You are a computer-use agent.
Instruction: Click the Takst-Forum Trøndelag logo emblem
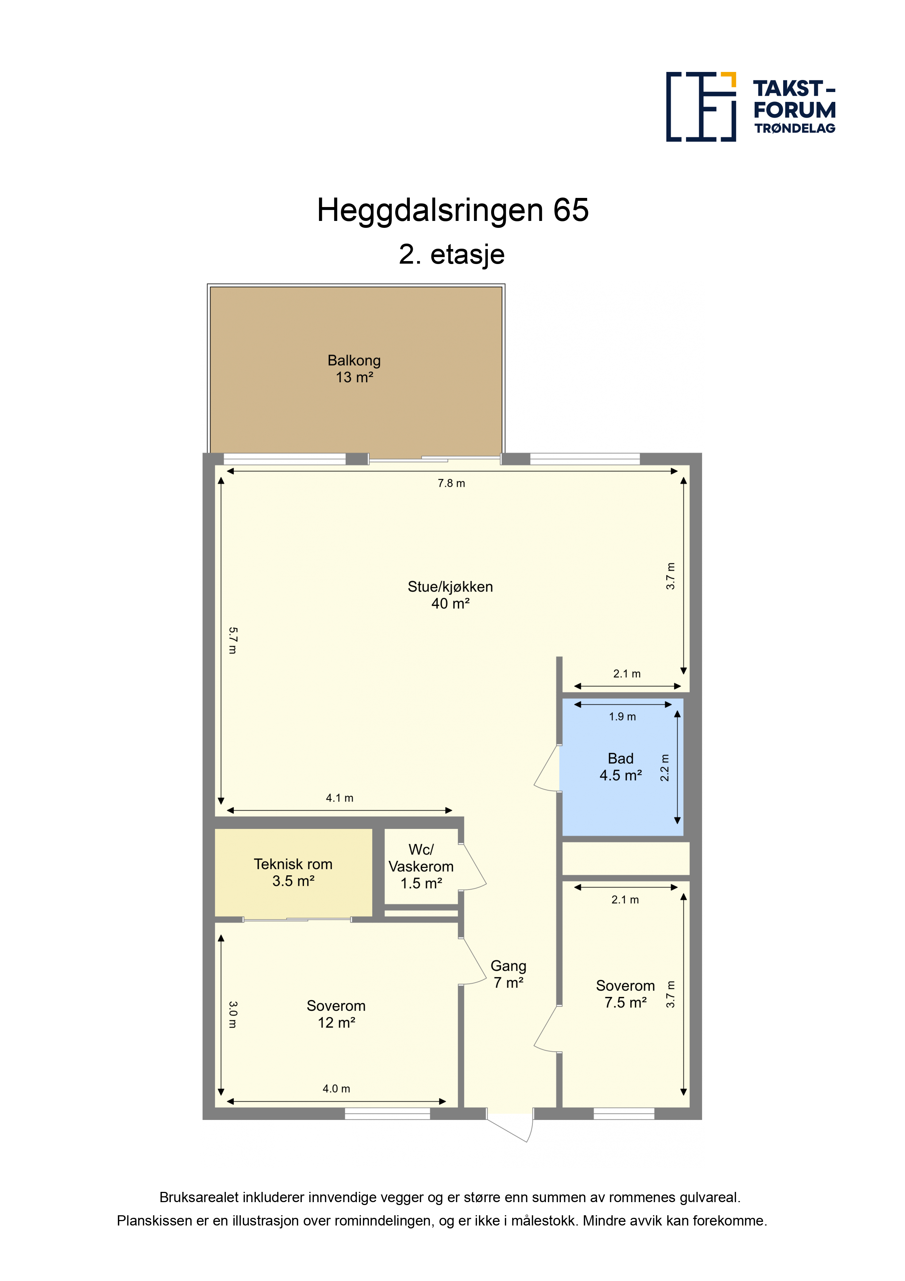701,107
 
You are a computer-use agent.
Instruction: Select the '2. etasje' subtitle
452,255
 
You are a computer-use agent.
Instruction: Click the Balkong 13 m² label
354,369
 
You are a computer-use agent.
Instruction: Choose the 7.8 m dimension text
451,483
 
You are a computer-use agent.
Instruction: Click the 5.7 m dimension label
232,640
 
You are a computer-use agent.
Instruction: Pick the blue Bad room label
621,766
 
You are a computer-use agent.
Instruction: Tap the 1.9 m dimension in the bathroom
622,716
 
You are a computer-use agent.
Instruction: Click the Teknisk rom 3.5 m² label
293,872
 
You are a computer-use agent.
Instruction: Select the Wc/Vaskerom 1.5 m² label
421,867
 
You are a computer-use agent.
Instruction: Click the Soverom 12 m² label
336,1014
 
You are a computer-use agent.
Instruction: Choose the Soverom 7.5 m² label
625,994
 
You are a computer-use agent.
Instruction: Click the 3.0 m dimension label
232,1014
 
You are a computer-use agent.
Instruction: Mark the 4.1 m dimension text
340,798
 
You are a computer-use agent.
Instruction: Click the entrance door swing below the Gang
510,1129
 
